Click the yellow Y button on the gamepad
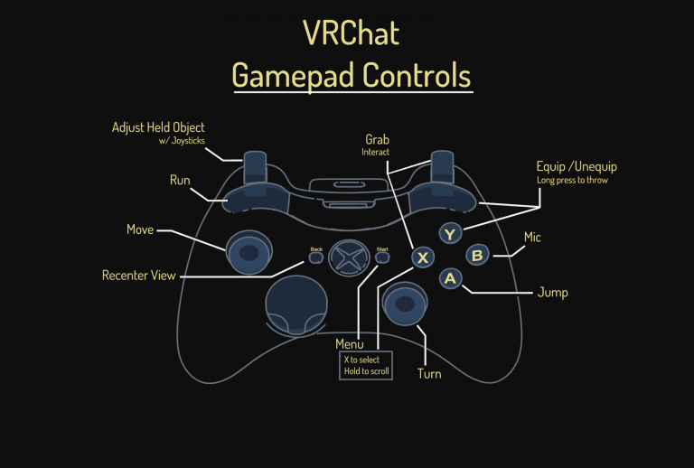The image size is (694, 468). (451, 234)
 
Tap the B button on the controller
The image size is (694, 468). (478, 256)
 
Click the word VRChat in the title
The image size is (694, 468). (351, 33)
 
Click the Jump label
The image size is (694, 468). (552, 293)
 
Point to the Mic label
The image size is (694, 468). (533, 238)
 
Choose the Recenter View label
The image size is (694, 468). (138, 275)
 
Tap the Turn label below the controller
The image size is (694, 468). (429, 373)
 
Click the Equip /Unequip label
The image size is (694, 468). (577, 166)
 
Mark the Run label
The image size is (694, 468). (180, 181)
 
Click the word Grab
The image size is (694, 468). (377, 139)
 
